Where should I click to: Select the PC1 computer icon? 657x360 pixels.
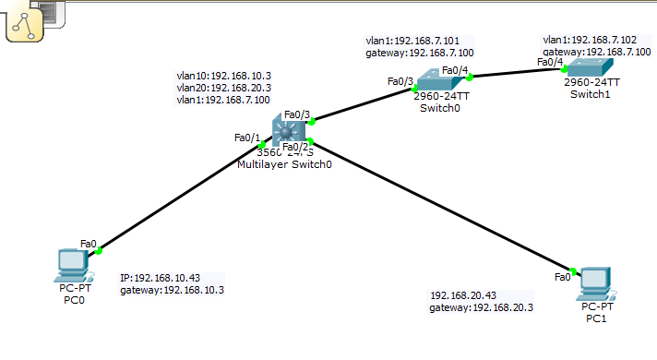596,283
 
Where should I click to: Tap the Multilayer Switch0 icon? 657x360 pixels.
288,130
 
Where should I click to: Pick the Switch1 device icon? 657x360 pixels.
590,67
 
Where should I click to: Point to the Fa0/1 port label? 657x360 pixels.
247,138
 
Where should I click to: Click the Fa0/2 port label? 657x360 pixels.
295,147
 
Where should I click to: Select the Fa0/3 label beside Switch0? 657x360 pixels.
400,81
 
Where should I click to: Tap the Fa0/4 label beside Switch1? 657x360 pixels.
550,62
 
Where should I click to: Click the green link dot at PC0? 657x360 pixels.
99,251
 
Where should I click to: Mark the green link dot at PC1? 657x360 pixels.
573,271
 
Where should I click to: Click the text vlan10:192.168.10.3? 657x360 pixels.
223,76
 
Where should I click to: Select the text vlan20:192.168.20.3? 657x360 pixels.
223,88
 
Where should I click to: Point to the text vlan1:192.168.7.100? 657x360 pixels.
223,100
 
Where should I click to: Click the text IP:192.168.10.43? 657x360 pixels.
160,278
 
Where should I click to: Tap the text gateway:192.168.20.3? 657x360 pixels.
481,307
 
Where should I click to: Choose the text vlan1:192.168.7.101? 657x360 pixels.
412,41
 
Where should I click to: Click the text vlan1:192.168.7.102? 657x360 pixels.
590,40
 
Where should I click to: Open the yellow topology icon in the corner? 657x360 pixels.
24,25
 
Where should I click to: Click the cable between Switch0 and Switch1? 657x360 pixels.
517,73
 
